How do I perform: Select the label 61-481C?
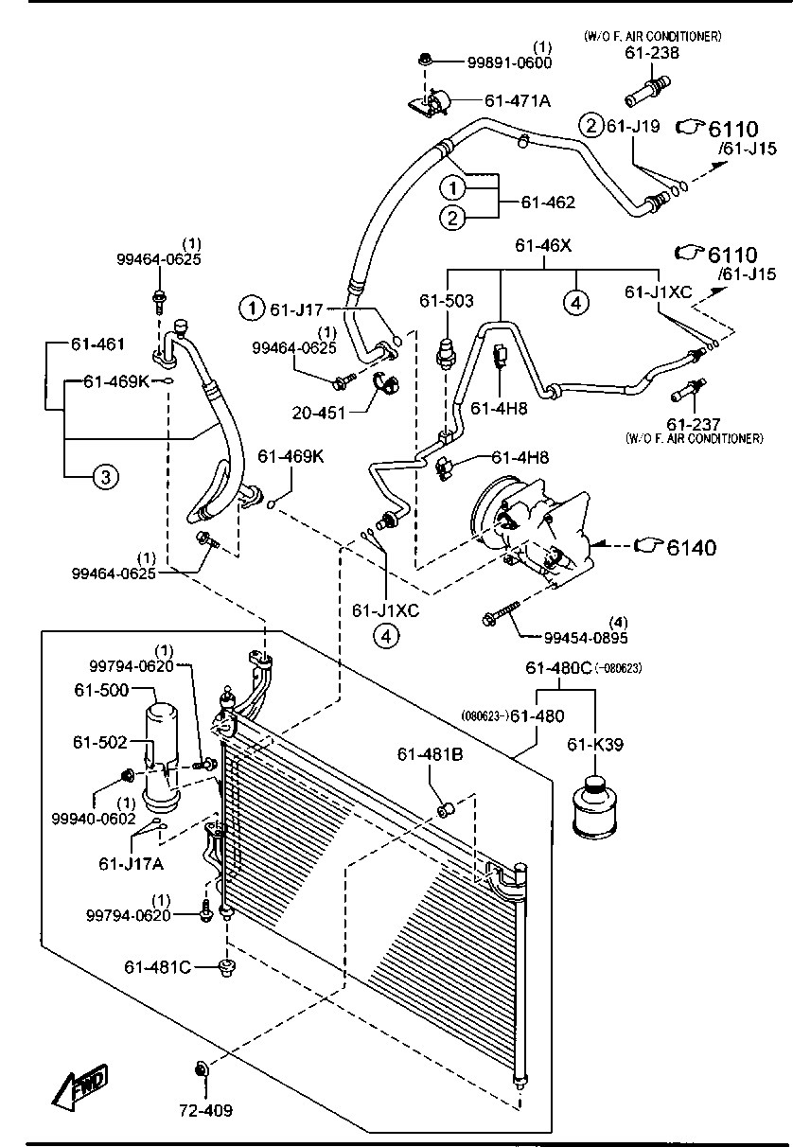157,967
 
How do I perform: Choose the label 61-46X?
543,246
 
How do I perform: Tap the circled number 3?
105,477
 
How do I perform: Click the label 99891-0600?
509,63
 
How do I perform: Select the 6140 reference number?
692,547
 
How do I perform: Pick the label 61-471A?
518,101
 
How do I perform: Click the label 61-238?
652,53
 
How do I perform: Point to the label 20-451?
319,413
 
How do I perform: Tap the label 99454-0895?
586,638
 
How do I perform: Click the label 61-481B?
430,754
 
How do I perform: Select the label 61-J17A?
131,864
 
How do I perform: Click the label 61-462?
548,203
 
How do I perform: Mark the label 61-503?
447,301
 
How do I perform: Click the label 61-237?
694,424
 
